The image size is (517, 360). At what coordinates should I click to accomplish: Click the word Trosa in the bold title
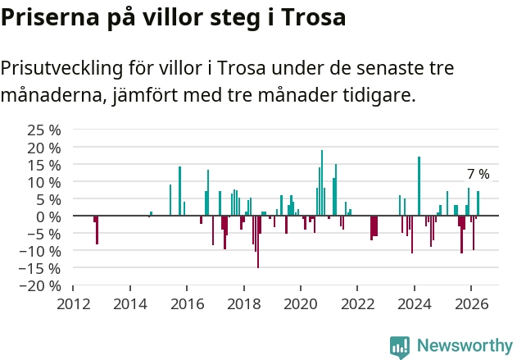pyautogui.click(x=314, y=17)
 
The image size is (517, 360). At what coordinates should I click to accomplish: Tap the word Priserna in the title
pyautogui.click(x=50, y=17)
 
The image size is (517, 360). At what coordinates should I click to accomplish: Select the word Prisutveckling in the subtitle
pyautogui.click(x=61, y=69)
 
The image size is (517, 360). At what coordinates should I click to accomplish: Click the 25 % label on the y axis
pyautogui.click(x=44, y=130)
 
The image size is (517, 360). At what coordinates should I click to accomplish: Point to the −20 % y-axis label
pyautogui.click(x=40, y=285)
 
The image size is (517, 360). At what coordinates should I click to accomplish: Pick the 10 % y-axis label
pyautogui.click(x=44, y=182)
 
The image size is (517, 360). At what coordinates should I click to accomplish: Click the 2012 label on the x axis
pyautogui.click(x=73, y=304)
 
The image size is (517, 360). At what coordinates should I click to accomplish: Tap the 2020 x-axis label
pyautogui.click(x=301, y=304)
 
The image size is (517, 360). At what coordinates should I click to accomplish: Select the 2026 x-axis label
pyautogui.click(x=471, y=304)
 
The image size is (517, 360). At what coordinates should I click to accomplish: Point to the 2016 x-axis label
pyautogui.click(x=187, y=304)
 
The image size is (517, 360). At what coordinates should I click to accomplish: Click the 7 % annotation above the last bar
pyautogui.click(x=478, y=174)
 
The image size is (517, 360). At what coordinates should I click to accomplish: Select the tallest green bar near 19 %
pyautogui.click(x=322, y=183)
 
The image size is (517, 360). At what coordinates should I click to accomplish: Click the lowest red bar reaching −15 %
pyautogui.click(x=258, y=242)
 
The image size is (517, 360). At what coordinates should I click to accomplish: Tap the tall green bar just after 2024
pyautogui.click(x=419, y=186)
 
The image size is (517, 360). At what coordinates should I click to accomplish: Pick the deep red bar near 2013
pyautogui.click(x=97, y=230)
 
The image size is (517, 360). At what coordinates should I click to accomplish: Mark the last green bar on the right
pyautogui.click(x=478, y=203)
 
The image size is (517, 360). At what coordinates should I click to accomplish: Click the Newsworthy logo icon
pyautogui.click(x=400, y=347)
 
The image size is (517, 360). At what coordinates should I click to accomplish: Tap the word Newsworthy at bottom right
pyautogui.click(x=465, y=345)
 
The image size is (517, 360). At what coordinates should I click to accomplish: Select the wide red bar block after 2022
pyautogui.click(x=374, y=227)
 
